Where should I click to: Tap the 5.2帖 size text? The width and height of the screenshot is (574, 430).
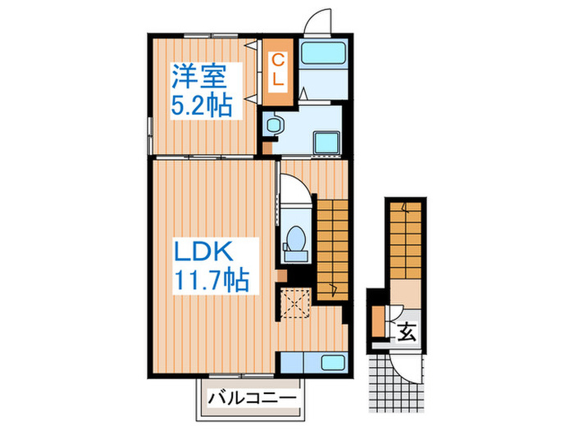pyautogui.click(x=201, y=105)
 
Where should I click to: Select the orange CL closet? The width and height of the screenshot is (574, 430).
pyautogui.click(x=278, y=70)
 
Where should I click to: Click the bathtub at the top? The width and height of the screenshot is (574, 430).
pyautogui.click(x=325, y=57)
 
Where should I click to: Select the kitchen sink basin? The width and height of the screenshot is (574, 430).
pyautogui.click(x=330, y=363)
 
